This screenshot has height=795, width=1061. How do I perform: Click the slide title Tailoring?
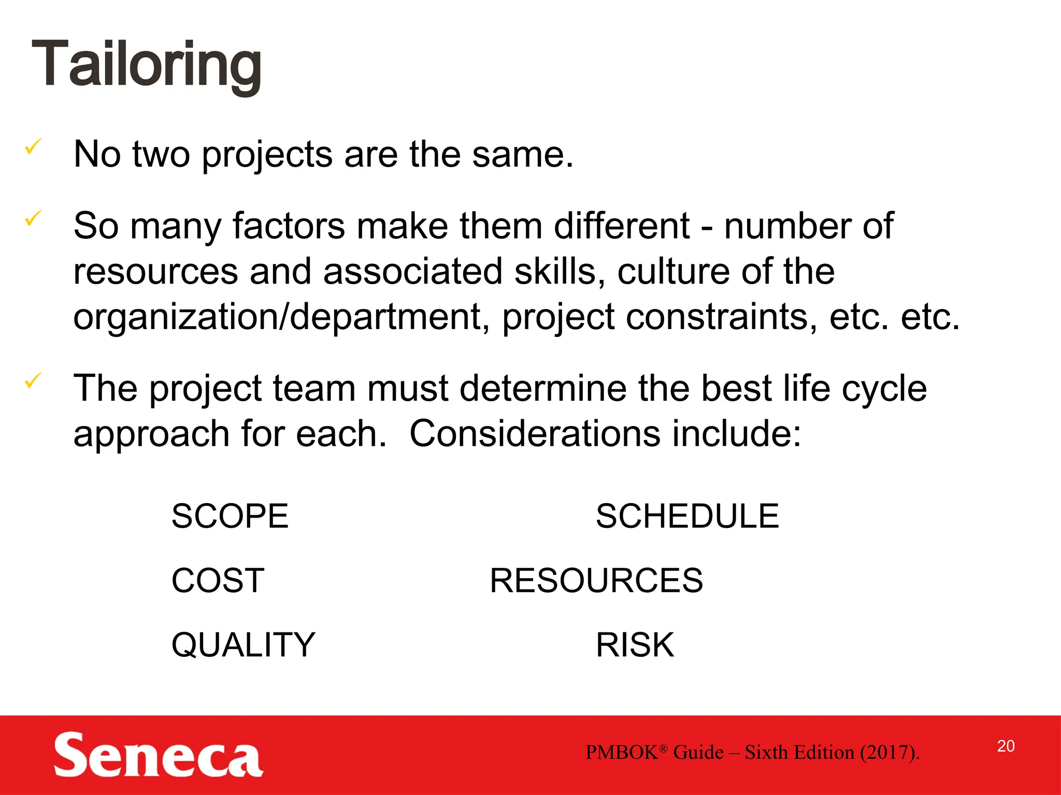click(x=147, y=65)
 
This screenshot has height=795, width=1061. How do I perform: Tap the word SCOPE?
click(x=230, y=516)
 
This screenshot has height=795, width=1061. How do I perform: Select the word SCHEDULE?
click(x=687, y=516)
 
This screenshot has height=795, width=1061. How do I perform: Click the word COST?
click(x=218, y=580)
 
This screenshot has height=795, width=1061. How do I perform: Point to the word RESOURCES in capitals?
click(x=596, y=580)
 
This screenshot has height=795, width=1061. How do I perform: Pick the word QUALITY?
click(x=243, y=645)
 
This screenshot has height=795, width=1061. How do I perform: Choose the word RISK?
click(x=635, y=645)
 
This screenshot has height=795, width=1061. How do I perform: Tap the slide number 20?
click(x=1006, y=746)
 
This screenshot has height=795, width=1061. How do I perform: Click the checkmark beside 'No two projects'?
click(x=33, y=147)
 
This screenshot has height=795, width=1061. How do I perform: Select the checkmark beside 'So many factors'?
click(x=33, y=218)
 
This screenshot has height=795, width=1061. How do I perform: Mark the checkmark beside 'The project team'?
click(x=33, y=381)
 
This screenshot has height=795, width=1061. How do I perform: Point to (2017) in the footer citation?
click(x=889, y=753)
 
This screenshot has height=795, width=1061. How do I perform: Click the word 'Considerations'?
click(x=535, y=433)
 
